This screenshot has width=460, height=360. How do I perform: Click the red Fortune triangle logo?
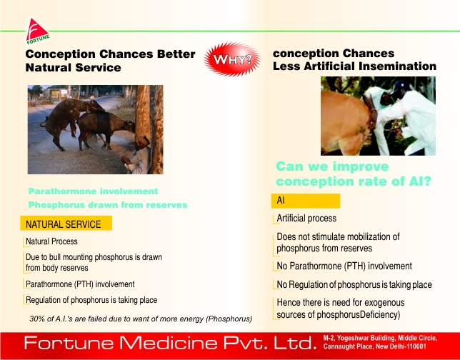(x=37, y=31)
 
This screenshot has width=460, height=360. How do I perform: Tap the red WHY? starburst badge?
(x=232, y=59)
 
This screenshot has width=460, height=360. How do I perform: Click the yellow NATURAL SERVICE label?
(x=66, y=224)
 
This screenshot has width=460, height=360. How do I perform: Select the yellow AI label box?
(x=306, y=201)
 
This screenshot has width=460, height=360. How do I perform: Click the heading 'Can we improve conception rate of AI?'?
(x=354, y=174)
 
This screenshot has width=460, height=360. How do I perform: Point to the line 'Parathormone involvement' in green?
(x=93, y=191)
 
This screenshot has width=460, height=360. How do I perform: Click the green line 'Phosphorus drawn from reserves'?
(x=108, y=204)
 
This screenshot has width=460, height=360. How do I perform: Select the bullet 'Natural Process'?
(x=51, y=241)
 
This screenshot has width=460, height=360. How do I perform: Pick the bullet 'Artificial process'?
(x=306, y=219)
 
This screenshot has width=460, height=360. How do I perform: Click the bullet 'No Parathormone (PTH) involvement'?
(x=344, y=266)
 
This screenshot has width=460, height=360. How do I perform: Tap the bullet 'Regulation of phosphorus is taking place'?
(x=91, y=300)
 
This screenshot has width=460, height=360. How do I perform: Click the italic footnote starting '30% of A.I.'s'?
(x=141, y=319)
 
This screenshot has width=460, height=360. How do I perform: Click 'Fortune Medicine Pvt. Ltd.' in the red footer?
(x=170, y=343)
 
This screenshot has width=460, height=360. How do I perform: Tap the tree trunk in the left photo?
(x=149, y=129)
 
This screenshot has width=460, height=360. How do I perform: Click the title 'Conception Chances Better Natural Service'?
(x=110, y=61)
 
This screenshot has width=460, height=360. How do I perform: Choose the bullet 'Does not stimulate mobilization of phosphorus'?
(x=338, y=242)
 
